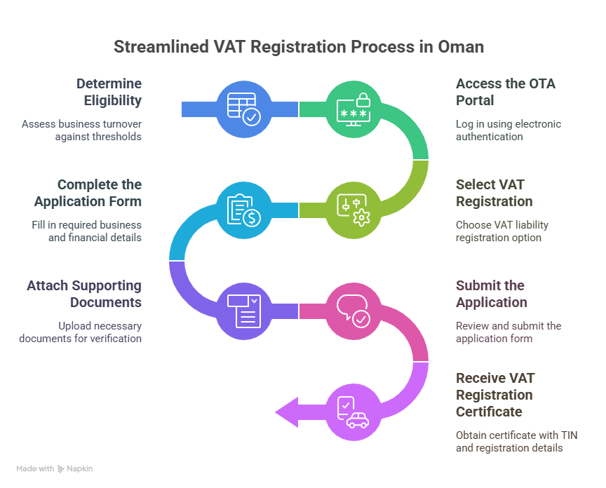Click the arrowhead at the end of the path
pos(286,412)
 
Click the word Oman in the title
pos(461,47)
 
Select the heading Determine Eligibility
pos(109,92)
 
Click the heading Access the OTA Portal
pos(505,92)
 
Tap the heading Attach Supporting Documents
pos(84,294)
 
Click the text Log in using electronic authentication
pos(509,130)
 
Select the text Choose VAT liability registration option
pos(501,231)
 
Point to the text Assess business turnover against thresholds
pos(81,130)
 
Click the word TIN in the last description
pos(568,435)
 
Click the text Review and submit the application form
pos(509,332)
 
